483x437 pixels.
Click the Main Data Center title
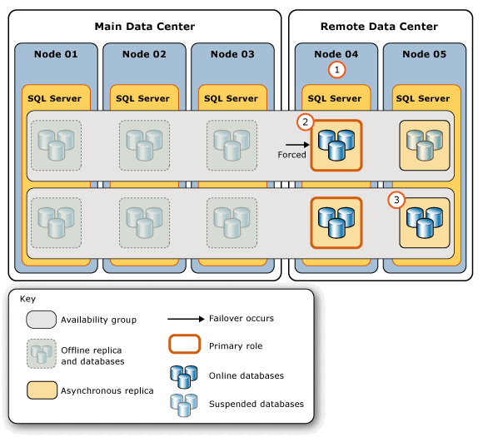pos(145,27)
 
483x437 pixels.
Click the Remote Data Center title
pos(379,27)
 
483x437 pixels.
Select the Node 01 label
pos(56,55)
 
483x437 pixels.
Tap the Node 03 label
pos(232,55)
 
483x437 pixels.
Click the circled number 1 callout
pos(336,70)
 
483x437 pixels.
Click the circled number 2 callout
pos(306,122)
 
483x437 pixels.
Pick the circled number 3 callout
pos(397,200)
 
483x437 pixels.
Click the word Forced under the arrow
pos(292,155)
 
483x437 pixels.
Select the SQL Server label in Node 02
pos(143,98)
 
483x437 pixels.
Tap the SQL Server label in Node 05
pos(423,98)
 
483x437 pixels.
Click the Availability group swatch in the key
pos(37,320)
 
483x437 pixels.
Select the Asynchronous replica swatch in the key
pos(37,390)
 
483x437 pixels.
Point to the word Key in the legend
pos(28,298)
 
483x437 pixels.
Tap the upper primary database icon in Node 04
pos(336,146)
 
